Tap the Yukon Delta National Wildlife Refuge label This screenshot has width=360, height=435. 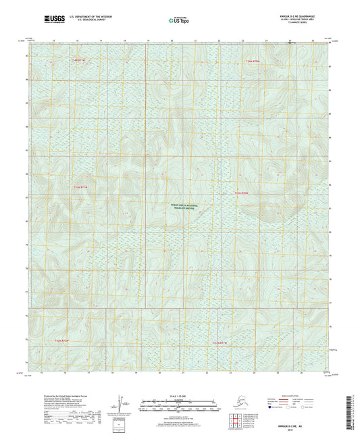180,207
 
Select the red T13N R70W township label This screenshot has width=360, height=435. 252,62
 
